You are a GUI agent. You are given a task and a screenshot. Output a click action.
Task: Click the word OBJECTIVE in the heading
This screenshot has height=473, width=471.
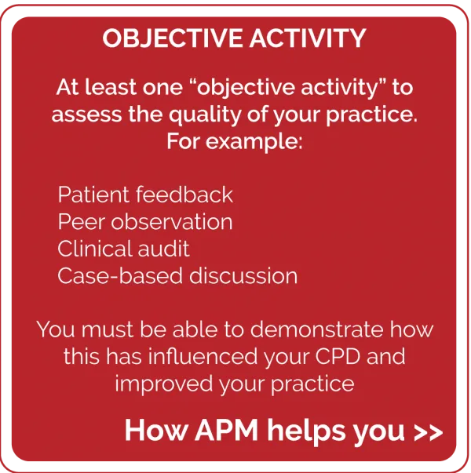coord(172,38)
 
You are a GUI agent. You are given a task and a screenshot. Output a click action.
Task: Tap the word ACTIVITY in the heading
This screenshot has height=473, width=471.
coord(308,38)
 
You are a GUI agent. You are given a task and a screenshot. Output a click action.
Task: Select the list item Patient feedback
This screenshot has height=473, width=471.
coord(145,195)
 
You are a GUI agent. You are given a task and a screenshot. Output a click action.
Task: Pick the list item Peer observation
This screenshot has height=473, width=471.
coord(145,222)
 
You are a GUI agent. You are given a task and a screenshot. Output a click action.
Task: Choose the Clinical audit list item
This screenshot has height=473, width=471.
coord(123,249)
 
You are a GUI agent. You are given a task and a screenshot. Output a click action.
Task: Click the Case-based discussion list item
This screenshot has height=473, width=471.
coord(177,275)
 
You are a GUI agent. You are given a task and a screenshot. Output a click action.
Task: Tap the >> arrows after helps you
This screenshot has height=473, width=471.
coord(429,432)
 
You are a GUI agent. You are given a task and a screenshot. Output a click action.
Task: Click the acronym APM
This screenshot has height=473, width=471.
coord(226,430)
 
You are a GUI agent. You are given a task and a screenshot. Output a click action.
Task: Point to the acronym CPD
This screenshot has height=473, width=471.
coord(338,356)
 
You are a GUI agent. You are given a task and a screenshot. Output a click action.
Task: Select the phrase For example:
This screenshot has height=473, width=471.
coord(235,141)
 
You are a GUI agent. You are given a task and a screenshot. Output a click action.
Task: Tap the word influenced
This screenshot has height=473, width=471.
coord(203,356)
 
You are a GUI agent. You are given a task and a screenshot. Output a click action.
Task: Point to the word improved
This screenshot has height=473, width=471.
coord(163,384)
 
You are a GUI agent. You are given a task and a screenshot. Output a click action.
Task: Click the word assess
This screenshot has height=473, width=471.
coord(86,115)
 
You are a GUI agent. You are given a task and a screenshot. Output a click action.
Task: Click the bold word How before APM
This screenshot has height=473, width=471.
coord(156,430)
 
